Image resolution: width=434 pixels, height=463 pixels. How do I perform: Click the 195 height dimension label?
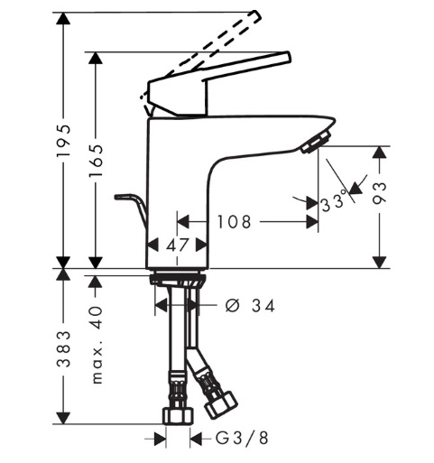63,140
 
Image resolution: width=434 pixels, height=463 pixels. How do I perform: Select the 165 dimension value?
97,161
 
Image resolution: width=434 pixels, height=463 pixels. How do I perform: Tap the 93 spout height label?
379,193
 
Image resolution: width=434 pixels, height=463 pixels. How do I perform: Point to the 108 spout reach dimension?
234,222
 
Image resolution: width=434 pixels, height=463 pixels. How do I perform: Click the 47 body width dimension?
177,245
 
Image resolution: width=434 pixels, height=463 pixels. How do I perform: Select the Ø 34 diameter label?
250,306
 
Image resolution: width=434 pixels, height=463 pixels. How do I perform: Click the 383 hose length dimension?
63,348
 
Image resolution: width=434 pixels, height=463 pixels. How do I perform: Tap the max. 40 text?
97,345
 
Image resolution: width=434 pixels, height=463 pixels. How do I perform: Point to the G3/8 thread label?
242,438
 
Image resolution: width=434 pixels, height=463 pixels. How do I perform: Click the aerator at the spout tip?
317,142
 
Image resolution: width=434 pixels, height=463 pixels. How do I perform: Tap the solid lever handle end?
287,57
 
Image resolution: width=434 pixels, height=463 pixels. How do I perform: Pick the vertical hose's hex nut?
179,415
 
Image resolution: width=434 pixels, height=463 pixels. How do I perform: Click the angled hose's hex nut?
221,404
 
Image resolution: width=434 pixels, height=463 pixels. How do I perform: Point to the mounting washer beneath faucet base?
178,279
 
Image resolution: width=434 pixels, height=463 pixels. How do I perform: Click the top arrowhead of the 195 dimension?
63,18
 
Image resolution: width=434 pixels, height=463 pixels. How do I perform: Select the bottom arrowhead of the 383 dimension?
63,418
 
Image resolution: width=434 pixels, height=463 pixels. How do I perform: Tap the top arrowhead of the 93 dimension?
379,152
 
